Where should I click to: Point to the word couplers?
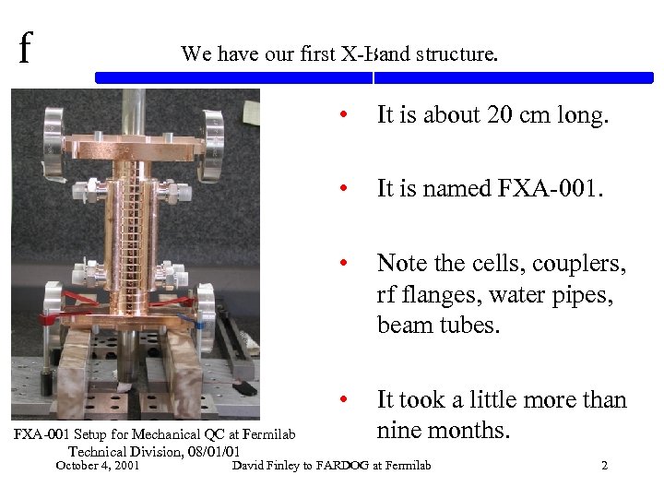point(578,264)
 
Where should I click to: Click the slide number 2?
point(604,466)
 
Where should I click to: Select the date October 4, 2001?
point(98,466)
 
